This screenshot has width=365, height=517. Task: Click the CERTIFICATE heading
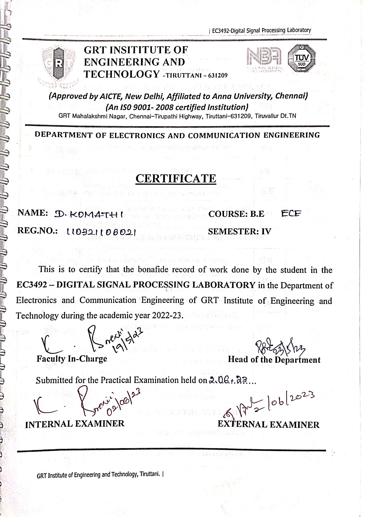pos(176,179)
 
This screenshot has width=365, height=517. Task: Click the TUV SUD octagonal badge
pos(301,59)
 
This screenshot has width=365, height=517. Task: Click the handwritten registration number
pos(101,232)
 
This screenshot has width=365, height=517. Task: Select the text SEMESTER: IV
pos(240,232)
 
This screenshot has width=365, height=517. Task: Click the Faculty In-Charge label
pos(72,359)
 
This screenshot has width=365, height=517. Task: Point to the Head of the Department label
pos(274,360)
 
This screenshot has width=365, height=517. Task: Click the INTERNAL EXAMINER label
pos(75,424)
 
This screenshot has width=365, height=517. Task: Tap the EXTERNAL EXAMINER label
pos(268,424)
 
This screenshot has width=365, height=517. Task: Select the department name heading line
pos(177,136)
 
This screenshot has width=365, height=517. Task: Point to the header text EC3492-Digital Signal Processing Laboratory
pos(261,30)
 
